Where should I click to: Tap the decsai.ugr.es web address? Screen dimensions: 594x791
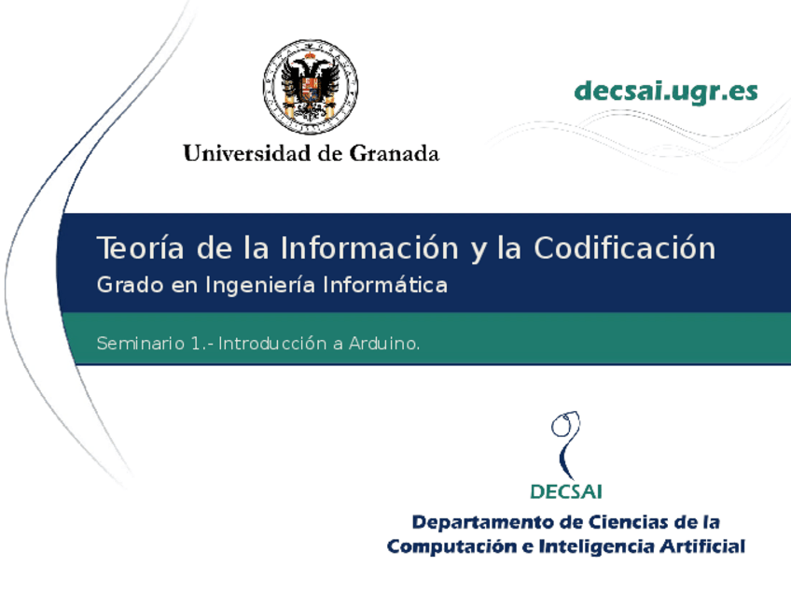click(x=666, y=92)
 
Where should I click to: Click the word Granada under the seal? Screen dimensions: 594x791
click(x=394, y=153)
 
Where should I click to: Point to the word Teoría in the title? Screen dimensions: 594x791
click(x=138, y=248)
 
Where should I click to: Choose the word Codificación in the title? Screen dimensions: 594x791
click(x=624, y=248)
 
